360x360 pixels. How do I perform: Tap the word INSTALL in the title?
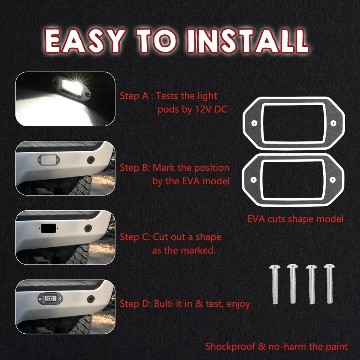[248, 41]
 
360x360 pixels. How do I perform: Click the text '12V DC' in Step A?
[211, 109]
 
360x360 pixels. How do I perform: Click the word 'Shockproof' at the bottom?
[230, 346]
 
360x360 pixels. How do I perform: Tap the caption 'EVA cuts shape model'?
[296, 219]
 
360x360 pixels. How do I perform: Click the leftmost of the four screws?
[275, 284]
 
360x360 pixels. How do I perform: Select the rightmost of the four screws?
[329, 284]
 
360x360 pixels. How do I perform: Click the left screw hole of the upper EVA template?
[254, 123]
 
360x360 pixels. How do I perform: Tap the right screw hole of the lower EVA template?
[332, 180]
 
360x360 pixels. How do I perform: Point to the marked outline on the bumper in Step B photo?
[49, 159]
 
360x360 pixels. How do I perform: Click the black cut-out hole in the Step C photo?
[49, 228]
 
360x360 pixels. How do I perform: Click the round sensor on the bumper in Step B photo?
[91, 160]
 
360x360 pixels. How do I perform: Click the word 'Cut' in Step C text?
[160, 237]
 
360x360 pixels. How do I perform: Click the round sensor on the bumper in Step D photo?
[91, 299]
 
